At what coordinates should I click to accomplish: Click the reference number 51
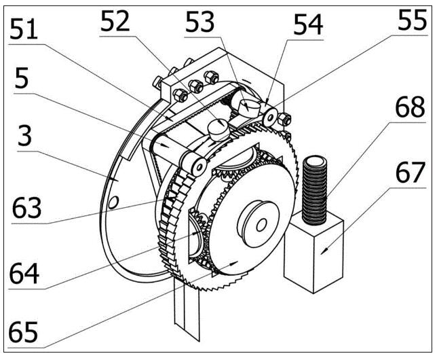(24, 29)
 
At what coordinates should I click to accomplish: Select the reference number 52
(115, 21)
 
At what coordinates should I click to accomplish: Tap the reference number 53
(199, 22)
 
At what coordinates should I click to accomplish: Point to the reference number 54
(308, 25)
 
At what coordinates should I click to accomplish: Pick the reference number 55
(413, 20)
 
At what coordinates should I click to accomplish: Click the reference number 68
(410, 107)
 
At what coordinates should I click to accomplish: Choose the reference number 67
(411, 172)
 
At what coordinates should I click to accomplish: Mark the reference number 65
(23, 332)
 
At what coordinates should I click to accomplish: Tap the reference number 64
(24, 273)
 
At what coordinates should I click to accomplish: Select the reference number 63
(27, 208)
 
